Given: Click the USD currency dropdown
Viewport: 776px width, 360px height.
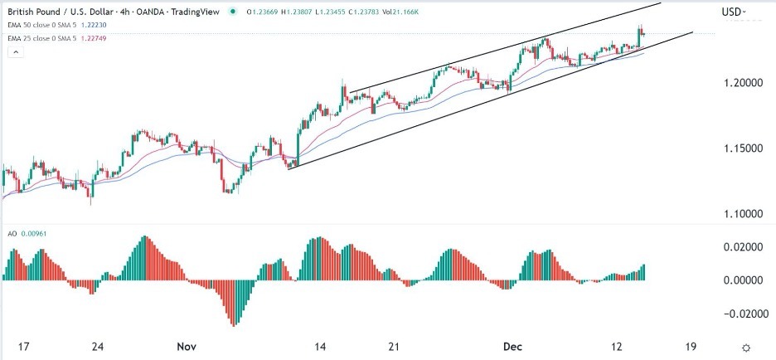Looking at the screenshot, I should click(734, 12).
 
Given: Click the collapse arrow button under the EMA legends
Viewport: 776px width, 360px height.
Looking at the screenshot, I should click(15, 52).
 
